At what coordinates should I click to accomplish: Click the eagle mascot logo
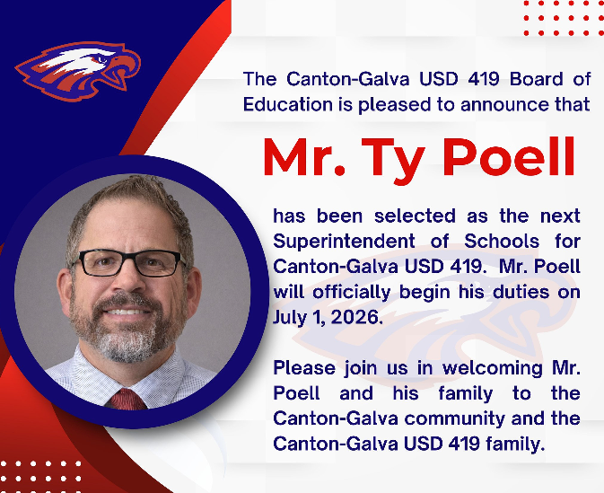click(x=79, y=71)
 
